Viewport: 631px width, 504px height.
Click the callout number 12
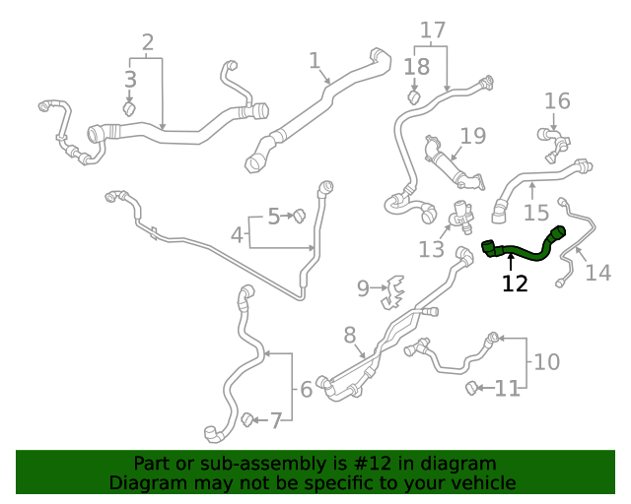pos(515,283)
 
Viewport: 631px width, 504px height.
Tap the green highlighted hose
pos(523,253)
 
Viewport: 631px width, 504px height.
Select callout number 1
pos(314,61)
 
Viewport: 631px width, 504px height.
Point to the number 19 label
pos(473,136)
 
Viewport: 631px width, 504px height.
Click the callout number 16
pos(557,100)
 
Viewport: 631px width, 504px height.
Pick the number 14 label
pos(597,271)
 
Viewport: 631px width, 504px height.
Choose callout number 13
pos(431,249)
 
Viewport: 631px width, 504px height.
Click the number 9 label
pos(363,288)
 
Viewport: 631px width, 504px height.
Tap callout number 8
pos(349,336)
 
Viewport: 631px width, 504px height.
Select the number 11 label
pos(507,389)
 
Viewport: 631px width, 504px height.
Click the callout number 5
pos(273,215)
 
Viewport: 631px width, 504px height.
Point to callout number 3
pos(130,80)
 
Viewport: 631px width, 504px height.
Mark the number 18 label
pos(417,67)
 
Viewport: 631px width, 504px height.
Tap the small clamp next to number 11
pos(472,387)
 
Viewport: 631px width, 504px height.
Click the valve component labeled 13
pos(460,218)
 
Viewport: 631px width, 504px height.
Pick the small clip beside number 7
pos(247,420)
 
